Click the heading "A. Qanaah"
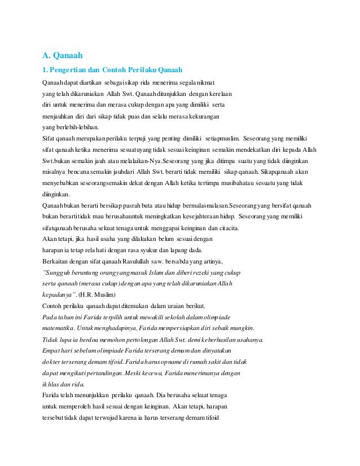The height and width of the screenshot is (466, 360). [x=63, y=55]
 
